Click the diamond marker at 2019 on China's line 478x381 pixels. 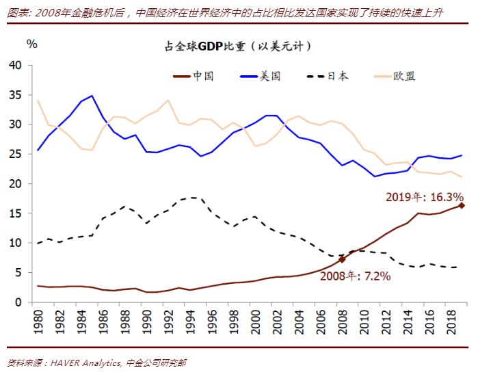462,205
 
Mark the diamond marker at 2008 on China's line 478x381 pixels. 342,259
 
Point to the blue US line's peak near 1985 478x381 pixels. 92,96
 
